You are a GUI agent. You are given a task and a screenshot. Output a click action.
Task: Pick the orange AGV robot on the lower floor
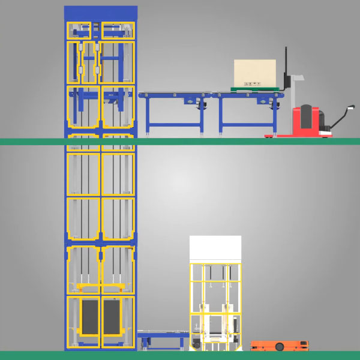[x=279, y=345]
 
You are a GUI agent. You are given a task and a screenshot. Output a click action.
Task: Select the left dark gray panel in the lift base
[x=89, y=316]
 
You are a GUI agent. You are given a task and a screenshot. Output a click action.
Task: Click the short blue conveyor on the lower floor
[x=162, y=337]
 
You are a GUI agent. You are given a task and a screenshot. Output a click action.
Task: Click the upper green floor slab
[x=240, y=142]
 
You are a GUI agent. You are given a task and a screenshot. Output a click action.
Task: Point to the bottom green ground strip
[x=180, y=355]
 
